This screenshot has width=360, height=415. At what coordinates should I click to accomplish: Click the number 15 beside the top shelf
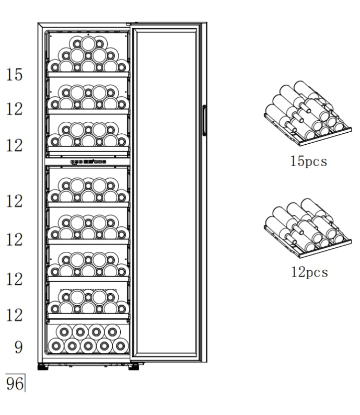[15, 75]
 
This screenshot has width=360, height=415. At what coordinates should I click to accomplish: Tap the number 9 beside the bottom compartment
[18, 347]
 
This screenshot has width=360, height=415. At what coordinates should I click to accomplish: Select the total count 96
[15, 384]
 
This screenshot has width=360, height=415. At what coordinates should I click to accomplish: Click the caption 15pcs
[308, 161]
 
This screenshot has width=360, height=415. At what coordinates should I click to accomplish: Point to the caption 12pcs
[309, 272]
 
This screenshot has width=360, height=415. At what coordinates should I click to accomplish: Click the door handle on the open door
[204, 122]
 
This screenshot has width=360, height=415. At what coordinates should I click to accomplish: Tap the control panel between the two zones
[88, 162]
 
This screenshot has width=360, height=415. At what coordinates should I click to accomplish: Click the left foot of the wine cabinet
[42, 367]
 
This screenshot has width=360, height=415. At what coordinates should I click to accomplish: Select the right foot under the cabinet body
[134, 367]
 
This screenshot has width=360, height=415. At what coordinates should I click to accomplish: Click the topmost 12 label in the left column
[15, 109]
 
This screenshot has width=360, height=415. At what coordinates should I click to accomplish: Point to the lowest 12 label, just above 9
[15, 315]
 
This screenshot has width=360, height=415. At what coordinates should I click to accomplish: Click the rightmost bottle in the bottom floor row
[120, 345]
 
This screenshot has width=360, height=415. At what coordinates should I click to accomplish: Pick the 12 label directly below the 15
[15, 109]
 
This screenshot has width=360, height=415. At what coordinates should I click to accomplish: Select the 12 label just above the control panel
[15, 145]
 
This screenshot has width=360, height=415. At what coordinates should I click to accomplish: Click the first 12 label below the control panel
[15, 200]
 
